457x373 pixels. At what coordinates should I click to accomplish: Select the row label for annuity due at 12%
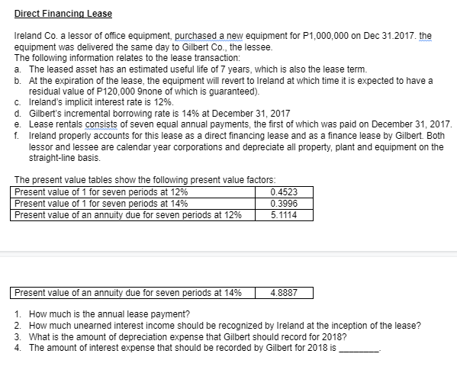(128, 215)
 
